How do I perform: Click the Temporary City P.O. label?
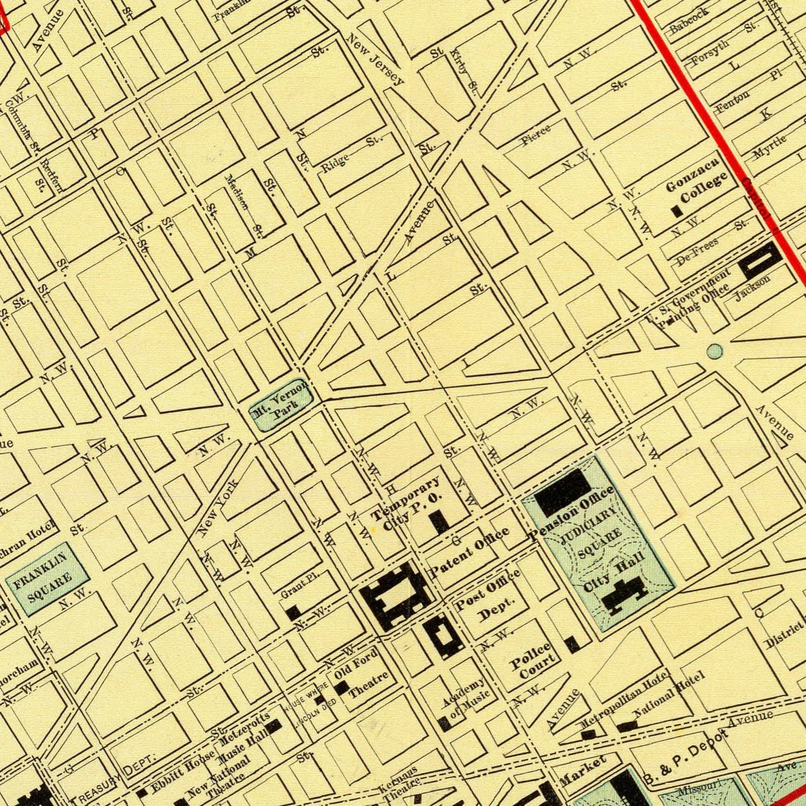click(407, 502)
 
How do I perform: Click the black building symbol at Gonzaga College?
click(677, 212)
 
